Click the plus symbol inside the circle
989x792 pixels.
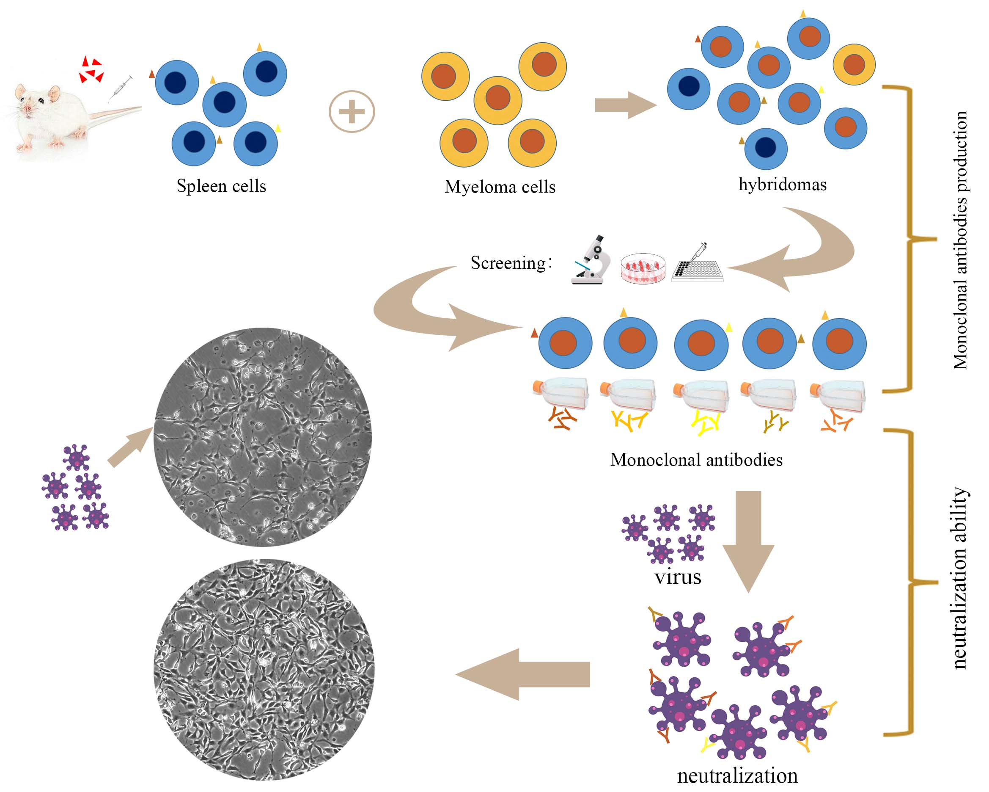[352, 112]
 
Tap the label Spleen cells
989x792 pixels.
[221, 186]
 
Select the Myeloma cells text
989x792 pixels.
[500, 187]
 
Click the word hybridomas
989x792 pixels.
[782, 185]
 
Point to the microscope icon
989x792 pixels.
[591, 261]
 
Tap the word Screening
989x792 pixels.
[508, 263]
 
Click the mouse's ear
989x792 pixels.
[55, 94]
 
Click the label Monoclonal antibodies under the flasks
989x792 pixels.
[696, 460]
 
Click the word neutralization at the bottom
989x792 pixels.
[737, 776]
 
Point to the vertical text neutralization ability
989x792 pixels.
[960, 579]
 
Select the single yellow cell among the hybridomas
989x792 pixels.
[854, 65]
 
